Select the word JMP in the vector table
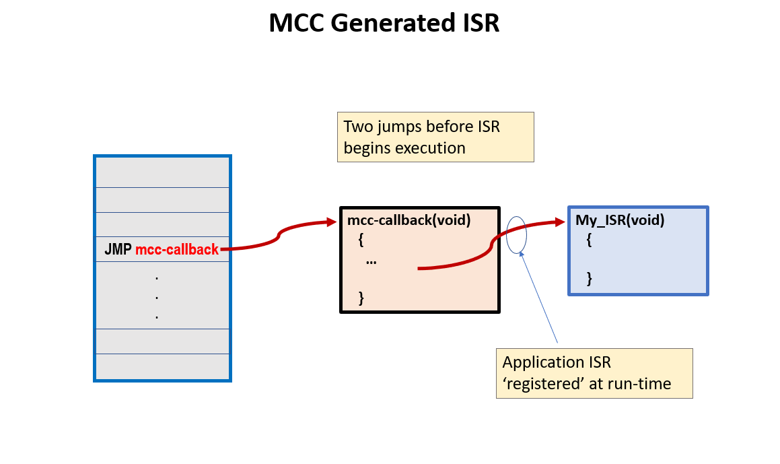(x=118, y=250)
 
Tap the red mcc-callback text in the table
(x=177, y=250)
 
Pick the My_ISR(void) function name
(x=620, y=220)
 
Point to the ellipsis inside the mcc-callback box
(x=371, y=261)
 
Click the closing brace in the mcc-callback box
(x=361, y=297)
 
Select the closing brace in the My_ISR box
(x=590, y=277)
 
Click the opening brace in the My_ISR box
(x=590, y=239)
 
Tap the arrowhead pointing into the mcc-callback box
(x=330, y=221)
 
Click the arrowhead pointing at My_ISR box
(x=559, y=221)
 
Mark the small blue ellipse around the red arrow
(x=516, y=234)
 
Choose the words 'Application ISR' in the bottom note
(x=557, y=362)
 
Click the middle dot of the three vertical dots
(x=157, y=297)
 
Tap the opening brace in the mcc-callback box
(x=361, y=239)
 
